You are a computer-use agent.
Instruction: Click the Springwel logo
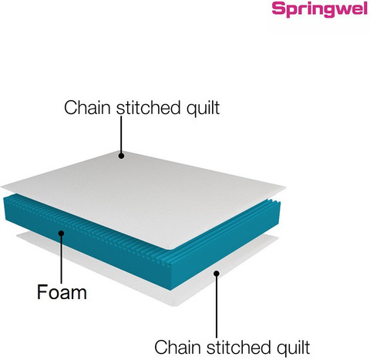320,10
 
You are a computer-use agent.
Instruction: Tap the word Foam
62,292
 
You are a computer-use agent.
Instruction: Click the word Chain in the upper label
87,108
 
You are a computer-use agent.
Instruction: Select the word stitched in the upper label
149,108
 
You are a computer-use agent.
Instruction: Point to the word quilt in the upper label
203,109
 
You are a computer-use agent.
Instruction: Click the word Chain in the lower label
177,347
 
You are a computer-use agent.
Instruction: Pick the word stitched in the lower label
239,347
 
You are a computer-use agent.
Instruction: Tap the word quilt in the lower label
294,348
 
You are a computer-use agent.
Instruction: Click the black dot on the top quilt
121,156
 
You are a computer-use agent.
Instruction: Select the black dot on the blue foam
61,233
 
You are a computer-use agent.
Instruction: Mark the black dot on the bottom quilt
217,274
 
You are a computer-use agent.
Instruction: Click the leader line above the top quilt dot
121,134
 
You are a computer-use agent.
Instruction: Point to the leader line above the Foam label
62,259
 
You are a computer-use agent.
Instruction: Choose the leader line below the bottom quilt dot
217,307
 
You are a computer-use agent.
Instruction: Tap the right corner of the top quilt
285,188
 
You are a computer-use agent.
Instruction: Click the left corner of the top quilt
2,187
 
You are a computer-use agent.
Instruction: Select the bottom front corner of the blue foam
170,291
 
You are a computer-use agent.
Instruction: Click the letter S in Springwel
278,8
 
